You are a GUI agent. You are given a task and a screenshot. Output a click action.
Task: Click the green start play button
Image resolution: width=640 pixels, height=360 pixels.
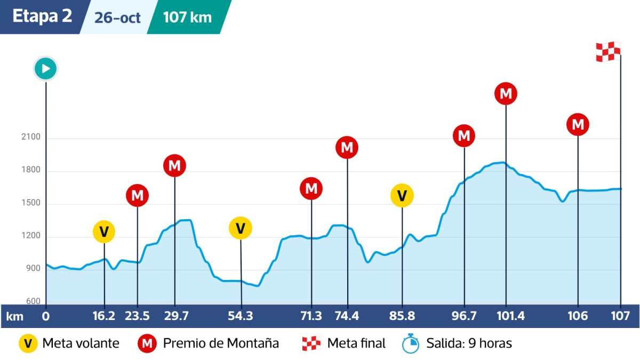(46, 69)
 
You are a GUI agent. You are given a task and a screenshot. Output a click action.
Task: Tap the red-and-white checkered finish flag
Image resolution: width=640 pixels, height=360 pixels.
(608, 52)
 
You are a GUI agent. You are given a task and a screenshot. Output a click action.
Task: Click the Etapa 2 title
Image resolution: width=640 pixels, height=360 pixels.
(42, 17)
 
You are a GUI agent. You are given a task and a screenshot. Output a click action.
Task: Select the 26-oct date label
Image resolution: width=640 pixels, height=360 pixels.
(117, 18)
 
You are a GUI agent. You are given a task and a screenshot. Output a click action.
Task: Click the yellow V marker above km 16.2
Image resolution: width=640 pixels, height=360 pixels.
(104, 231)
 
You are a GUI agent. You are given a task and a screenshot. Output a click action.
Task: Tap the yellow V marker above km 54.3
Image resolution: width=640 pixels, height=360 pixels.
(241, 228)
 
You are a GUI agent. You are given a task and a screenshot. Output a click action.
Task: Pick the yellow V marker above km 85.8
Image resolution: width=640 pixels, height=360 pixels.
(402, 195)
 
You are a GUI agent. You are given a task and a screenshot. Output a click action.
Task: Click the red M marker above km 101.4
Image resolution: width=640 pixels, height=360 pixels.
(506, 94)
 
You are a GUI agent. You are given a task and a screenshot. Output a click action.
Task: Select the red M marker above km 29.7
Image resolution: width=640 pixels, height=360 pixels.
(174, 166)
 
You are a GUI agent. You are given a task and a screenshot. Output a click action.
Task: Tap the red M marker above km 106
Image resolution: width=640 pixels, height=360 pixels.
(578, 125)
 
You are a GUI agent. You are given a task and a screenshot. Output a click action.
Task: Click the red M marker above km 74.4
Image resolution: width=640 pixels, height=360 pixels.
(347, 147)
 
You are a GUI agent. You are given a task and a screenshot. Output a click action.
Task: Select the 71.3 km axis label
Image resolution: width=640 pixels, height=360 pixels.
(311, 316)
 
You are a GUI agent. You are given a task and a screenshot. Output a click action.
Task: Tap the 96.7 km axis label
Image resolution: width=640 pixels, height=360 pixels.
(464, 316)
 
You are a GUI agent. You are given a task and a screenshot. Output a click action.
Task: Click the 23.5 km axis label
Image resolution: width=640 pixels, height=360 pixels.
(138, 316)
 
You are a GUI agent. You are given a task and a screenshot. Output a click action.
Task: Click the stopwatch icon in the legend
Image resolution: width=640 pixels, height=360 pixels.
(411, 343)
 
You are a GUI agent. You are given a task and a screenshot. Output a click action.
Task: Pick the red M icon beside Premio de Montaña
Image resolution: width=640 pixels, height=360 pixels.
(148, 343)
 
